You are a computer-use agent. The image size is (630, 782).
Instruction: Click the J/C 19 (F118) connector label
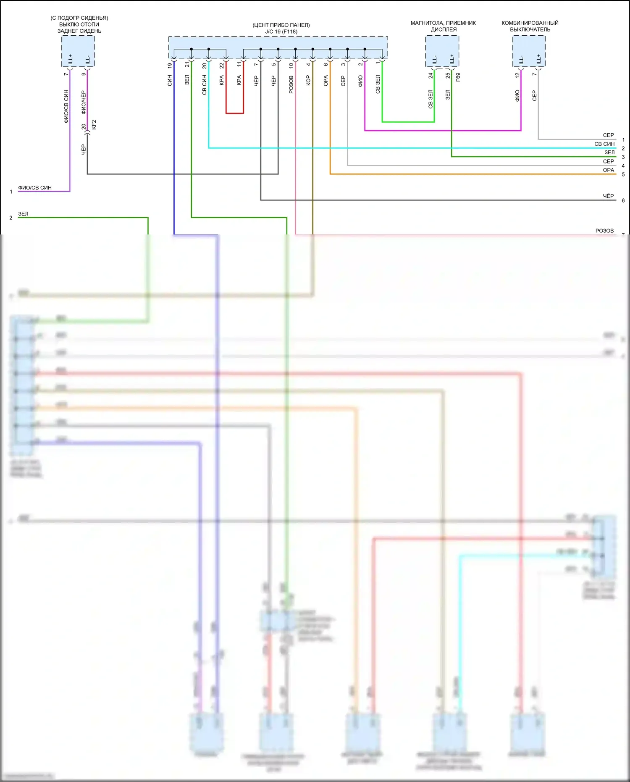(x=281, y=32)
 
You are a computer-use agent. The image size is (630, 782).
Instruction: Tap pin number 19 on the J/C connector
(x=170, y=66)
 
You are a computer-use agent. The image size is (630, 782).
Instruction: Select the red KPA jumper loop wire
(x=235, y=113)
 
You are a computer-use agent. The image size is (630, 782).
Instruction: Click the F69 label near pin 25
(x=458, y=77)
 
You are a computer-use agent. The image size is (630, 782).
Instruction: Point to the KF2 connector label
(x=94, y=124)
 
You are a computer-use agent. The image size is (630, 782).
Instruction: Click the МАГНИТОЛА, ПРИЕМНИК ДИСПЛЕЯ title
(x=443, y=26)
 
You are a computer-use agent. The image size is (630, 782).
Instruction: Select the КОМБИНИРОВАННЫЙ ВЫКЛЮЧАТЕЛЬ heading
(x=530, y=26)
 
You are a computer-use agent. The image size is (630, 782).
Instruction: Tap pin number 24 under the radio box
(x=430, y=76)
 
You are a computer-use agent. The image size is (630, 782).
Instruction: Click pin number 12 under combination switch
(x=517, y=75)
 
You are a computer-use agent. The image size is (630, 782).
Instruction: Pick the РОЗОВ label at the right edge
(x=604, y=231)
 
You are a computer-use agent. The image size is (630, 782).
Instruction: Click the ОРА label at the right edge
(x=608, y=170)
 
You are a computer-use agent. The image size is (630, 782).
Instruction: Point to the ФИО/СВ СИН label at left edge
(x=35, y=187)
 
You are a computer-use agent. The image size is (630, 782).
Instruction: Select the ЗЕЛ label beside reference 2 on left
(x=24, y=213)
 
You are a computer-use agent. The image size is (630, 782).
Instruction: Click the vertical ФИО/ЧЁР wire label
(x=84, y=102)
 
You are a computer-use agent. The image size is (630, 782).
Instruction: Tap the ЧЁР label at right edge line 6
(x=608, y=196)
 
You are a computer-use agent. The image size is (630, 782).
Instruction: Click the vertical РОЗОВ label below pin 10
(x=291, y=84)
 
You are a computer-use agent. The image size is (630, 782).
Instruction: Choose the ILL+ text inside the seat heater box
(x=70, y=58)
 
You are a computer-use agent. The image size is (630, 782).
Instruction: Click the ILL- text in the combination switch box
(x=521, y=59)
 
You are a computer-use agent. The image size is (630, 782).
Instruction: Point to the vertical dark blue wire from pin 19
(x=174, y=168)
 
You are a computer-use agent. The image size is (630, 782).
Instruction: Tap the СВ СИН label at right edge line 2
(x=604, y=144)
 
